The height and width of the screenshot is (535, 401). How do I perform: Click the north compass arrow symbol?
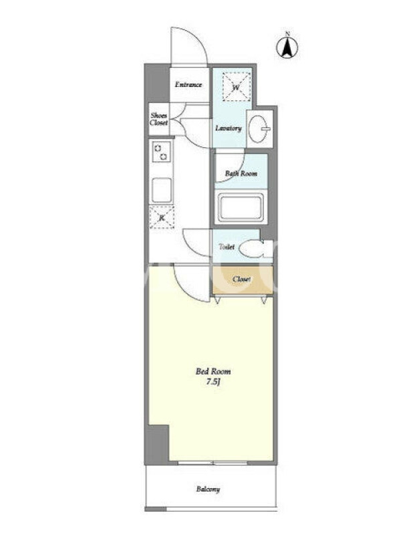coord(287,47)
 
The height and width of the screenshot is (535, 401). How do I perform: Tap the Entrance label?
coord(188,85)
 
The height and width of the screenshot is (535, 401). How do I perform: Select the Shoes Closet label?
coord(159,119)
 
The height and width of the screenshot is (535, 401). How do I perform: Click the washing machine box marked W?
coord(237,87)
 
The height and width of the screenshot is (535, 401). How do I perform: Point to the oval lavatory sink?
coord(259,128)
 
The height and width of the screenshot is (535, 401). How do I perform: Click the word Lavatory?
coord(229,128)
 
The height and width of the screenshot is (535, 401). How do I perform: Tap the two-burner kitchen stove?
coord(161,152)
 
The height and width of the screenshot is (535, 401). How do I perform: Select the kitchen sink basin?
coord(162,190)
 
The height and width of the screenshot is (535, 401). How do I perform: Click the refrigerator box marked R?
coord(162,217)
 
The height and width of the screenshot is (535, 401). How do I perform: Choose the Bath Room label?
coord(241,173)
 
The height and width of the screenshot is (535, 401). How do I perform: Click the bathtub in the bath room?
coord(241,207)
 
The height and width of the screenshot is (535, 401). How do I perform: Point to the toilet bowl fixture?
coord(255,248)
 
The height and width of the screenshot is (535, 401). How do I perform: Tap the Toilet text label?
coord(227,246)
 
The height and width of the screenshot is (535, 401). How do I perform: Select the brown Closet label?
coord(242,279)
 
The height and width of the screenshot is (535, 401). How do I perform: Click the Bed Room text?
coord(213,371)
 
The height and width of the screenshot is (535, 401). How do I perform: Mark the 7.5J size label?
coord(213,382)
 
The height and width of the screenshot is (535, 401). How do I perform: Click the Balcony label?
coord(208,490)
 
